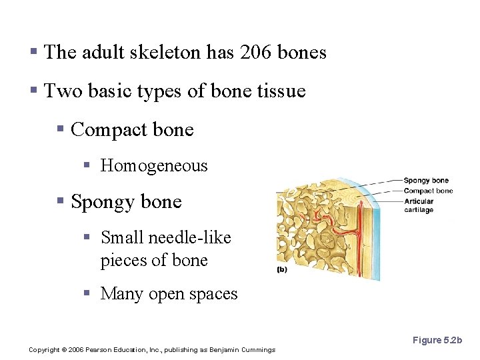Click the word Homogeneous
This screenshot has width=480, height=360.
[x=154, y=166]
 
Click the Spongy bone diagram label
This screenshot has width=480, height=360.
[x=426, y=181]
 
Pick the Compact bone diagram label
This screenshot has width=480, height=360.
[x=428, y=191]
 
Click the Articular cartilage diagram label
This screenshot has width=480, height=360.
[x=419, y=205]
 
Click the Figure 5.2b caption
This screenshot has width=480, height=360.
[x=437, y=340]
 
